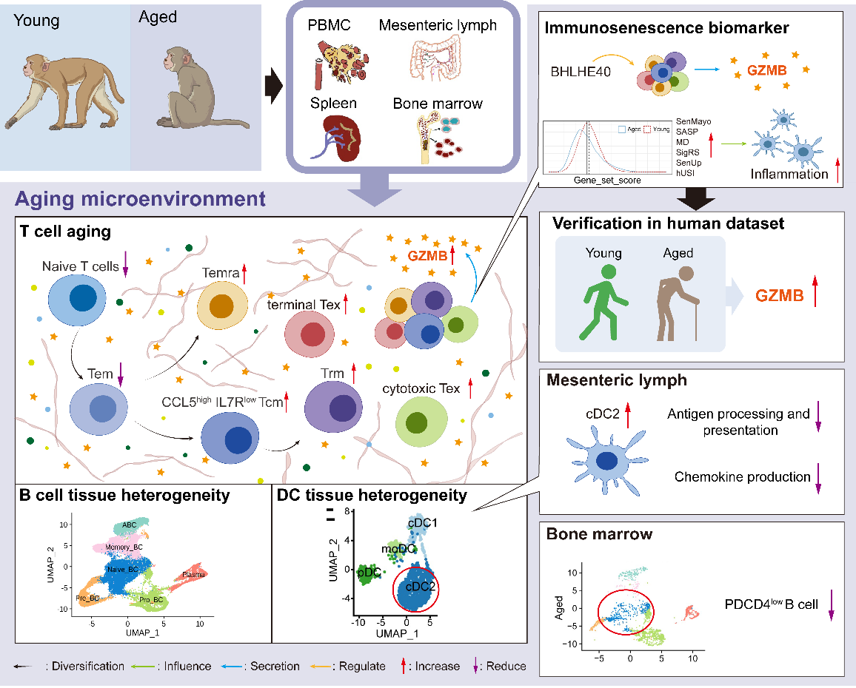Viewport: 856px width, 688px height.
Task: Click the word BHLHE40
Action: (x=580, y=73)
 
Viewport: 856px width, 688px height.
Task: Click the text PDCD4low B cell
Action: (x=772, y=604)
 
